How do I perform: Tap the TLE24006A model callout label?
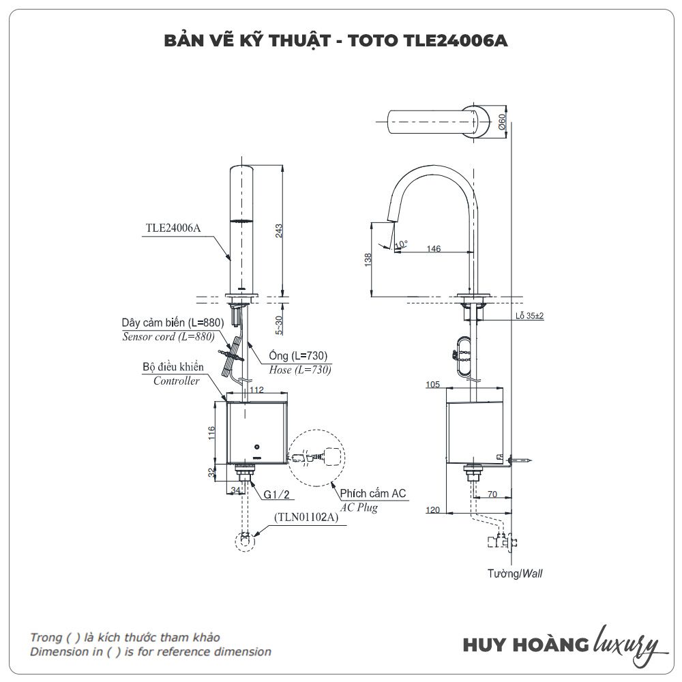tap(173, 228)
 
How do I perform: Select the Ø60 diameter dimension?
tap(503, 122)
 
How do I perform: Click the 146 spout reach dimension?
tap(433, 248)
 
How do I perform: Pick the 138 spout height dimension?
tap(368, 261)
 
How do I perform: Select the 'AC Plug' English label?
tap(359, 507)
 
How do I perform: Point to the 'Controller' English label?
tap(176, 381)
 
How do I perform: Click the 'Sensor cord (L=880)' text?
tap(168, 336)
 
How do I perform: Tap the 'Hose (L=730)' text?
tap(299, 369)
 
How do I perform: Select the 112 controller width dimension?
tap(256, 390)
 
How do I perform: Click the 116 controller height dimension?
tap(212, 432)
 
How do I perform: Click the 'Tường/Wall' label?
tap(515, 574)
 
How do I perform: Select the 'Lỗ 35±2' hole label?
tap(529, 316)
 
